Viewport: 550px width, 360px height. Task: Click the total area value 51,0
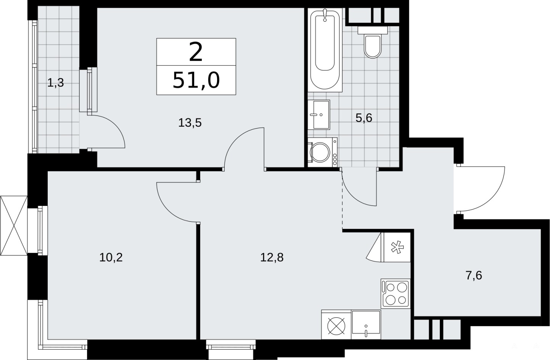tap(196, 80)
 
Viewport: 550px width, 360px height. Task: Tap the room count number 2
tap(196, 52)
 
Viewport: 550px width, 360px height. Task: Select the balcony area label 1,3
tap(55, 83)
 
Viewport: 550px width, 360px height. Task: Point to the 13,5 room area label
tap(190, 122)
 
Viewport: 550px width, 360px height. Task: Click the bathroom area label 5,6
tap(364, 118)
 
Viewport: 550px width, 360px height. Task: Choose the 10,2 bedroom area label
tap(111, 257)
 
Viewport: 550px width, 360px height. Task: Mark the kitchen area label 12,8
tap(272, 257)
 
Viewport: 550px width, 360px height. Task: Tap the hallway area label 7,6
tap(474, 275)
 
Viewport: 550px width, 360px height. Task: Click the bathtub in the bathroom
tap(325, 50)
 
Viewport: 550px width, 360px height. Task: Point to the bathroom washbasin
tap(319, 114)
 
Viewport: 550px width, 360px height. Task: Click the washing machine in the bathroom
tap(322, 152)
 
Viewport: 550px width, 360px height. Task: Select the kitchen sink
tap(366, 325)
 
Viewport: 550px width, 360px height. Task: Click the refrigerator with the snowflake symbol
tap(397, 247)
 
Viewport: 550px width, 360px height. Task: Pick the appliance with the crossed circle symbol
tap(336, 325)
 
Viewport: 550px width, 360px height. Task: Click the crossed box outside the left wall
tap(14, 226)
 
